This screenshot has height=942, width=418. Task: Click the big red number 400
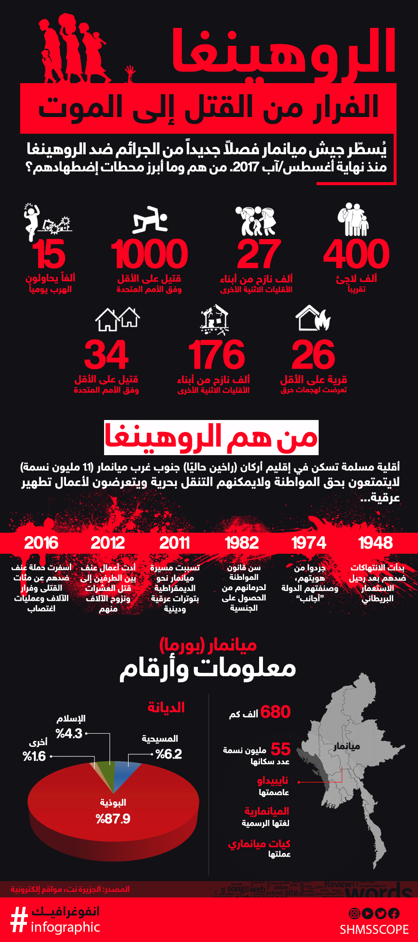[356, 254]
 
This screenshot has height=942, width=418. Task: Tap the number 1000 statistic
[149, 254]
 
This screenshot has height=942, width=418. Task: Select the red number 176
[217, 355]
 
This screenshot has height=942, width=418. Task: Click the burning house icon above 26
[313, 318]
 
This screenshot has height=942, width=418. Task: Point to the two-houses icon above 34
[117, 319]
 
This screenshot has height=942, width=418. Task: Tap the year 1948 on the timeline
[375, 543]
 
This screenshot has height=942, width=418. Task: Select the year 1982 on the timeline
[242, 543]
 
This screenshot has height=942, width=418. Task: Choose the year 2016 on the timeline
[41, 543]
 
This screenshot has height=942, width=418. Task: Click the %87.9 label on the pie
[113, 819]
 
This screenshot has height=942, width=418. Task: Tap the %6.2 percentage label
[169, 754]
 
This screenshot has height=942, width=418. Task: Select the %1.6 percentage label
[34, 756]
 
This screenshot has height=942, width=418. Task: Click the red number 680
[275, 712]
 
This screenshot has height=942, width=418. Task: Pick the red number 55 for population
[281, 749]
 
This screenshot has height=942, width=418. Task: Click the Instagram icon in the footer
[355, 913]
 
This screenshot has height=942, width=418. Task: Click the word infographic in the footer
[65, 927]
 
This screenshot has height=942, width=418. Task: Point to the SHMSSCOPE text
[374, 929]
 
